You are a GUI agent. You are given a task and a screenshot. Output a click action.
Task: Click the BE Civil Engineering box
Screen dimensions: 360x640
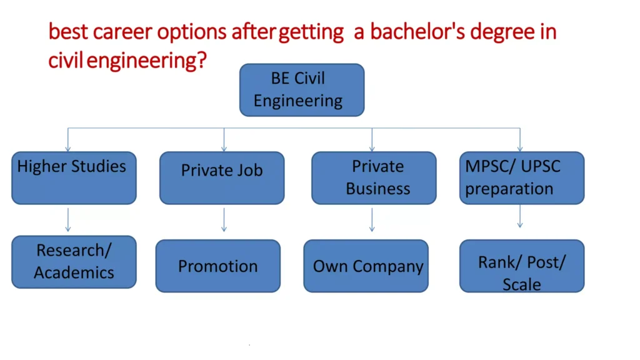302,90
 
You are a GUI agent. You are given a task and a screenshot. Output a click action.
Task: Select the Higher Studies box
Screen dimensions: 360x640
74,178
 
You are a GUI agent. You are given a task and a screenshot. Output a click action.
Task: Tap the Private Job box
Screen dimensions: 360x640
222,178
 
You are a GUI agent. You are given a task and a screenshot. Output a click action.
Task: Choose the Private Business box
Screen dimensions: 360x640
374,178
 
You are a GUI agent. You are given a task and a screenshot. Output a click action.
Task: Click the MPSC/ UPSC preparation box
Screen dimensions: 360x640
522,178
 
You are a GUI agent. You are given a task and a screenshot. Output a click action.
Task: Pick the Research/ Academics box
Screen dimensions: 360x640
74,262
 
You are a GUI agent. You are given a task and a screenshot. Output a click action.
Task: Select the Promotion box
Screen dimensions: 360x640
218,266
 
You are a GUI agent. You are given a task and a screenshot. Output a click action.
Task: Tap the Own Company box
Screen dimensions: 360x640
366,266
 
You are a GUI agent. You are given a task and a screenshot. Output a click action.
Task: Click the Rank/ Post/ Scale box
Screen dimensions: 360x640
522,266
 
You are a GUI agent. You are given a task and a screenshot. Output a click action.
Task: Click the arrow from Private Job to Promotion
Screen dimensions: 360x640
224,219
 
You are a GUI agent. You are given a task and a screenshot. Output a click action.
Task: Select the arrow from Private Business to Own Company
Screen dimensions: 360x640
372,219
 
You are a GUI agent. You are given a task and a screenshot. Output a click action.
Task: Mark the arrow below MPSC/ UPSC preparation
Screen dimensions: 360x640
520,217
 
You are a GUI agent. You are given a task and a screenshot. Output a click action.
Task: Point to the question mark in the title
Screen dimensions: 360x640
201,61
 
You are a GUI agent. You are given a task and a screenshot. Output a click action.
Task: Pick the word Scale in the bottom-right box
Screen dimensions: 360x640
522,284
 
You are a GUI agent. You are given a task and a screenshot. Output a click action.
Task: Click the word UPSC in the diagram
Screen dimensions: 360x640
538,167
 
